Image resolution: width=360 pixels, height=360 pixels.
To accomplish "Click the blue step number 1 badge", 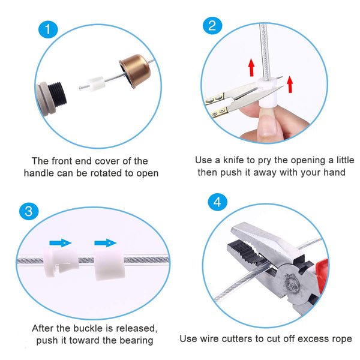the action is [x=48, y=29].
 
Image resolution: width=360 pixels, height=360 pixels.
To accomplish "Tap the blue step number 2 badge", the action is [x=212, y=25].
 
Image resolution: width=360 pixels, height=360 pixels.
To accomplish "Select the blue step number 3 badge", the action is [x=29, y=211].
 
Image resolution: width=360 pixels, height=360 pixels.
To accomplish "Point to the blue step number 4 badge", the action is [x=217, y=202].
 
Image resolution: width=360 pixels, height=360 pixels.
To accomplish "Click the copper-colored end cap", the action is [x=135, y=70].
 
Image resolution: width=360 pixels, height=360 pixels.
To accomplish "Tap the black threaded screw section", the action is [x=58, y=94].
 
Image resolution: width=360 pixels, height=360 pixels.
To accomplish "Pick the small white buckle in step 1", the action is [x=96, y=84].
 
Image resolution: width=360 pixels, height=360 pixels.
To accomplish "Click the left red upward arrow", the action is [x=251, y=67].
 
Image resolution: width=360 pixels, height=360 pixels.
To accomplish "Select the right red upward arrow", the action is [x=290, y=84].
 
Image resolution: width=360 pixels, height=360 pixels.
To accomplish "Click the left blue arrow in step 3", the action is [x=61, y=242].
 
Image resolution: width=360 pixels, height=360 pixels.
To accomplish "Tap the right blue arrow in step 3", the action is [x=106, y=242].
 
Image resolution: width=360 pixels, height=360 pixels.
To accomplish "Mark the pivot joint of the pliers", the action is [x=291, y=282].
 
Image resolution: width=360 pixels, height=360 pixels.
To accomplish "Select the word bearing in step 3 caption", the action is [x=136, y=340].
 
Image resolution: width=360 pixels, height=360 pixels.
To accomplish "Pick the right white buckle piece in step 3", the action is [x=109, y=264].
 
